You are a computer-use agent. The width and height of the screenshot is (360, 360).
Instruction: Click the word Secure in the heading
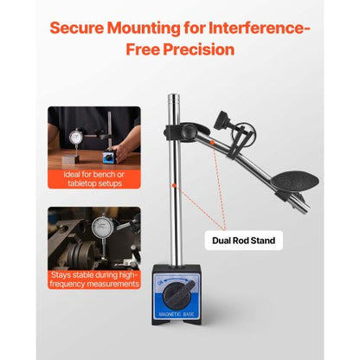point(77,28)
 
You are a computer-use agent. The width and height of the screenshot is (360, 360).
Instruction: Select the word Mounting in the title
point(142,29)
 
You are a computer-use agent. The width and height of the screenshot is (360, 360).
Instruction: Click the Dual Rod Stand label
point(243,241)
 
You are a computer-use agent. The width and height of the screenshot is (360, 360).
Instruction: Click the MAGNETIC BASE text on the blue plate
point(177,314)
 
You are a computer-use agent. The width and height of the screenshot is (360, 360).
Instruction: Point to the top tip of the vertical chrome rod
point(174,94)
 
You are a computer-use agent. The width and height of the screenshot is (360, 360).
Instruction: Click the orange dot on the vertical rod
point(174,185)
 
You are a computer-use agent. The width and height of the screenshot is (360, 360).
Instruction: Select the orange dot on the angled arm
point(212,142)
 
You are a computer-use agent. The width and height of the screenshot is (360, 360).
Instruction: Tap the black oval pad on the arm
point(295,182)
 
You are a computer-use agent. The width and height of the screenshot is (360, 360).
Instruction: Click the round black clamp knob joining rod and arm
point(189,131)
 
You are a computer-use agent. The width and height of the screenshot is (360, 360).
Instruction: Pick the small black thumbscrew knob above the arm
point(222,119)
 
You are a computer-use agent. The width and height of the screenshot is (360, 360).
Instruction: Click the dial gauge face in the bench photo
point(76,137)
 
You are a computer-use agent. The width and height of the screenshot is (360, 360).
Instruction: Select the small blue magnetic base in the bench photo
point(108,157)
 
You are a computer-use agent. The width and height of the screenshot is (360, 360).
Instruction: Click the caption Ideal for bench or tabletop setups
point(94,179)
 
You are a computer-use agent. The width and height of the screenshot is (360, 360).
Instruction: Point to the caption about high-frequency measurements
point(94,280)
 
